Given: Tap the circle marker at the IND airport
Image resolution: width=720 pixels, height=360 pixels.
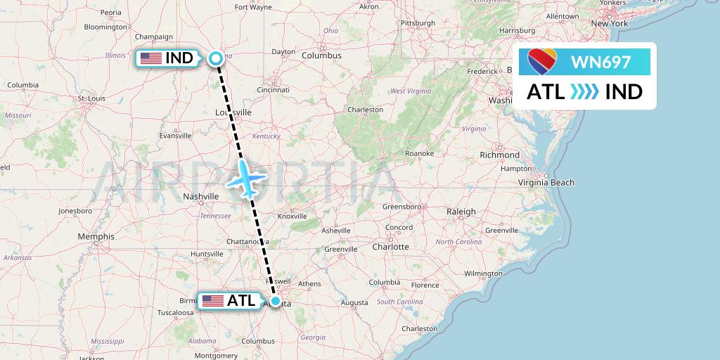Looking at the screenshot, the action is click(216, 59).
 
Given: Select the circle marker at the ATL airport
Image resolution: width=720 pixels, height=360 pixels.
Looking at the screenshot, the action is click(276, 301).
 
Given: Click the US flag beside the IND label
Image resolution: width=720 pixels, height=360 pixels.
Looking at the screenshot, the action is click(150, 58).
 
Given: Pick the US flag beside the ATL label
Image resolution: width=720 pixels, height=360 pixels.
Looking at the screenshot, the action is click(212, 301).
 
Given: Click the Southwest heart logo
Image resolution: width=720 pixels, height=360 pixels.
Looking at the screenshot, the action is click(542, 63).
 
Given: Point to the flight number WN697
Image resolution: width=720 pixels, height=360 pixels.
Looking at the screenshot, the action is click(600, 63).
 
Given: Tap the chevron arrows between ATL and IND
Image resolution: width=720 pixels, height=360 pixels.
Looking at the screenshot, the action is click(584, 92).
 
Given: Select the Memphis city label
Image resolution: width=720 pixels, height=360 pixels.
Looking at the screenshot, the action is click(96, 237).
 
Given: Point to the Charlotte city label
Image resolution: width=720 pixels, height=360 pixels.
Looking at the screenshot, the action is click(390, 247).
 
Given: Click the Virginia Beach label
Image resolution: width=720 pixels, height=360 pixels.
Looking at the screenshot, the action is click(546, 182).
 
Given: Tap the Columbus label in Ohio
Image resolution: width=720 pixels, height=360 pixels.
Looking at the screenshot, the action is click(321, 56).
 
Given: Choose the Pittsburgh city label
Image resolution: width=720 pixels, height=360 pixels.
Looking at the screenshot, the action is click(418, 23).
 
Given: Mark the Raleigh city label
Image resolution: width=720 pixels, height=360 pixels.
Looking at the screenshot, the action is click(461, 211).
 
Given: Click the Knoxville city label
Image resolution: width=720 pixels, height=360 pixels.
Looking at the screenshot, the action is click(292, 216).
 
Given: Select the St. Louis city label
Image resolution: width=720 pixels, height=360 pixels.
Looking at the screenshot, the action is click(91, 98).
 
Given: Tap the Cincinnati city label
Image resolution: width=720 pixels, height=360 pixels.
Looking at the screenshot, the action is click(274, 90).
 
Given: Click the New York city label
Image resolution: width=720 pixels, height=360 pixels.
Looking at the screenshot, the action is click(609, 23).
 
